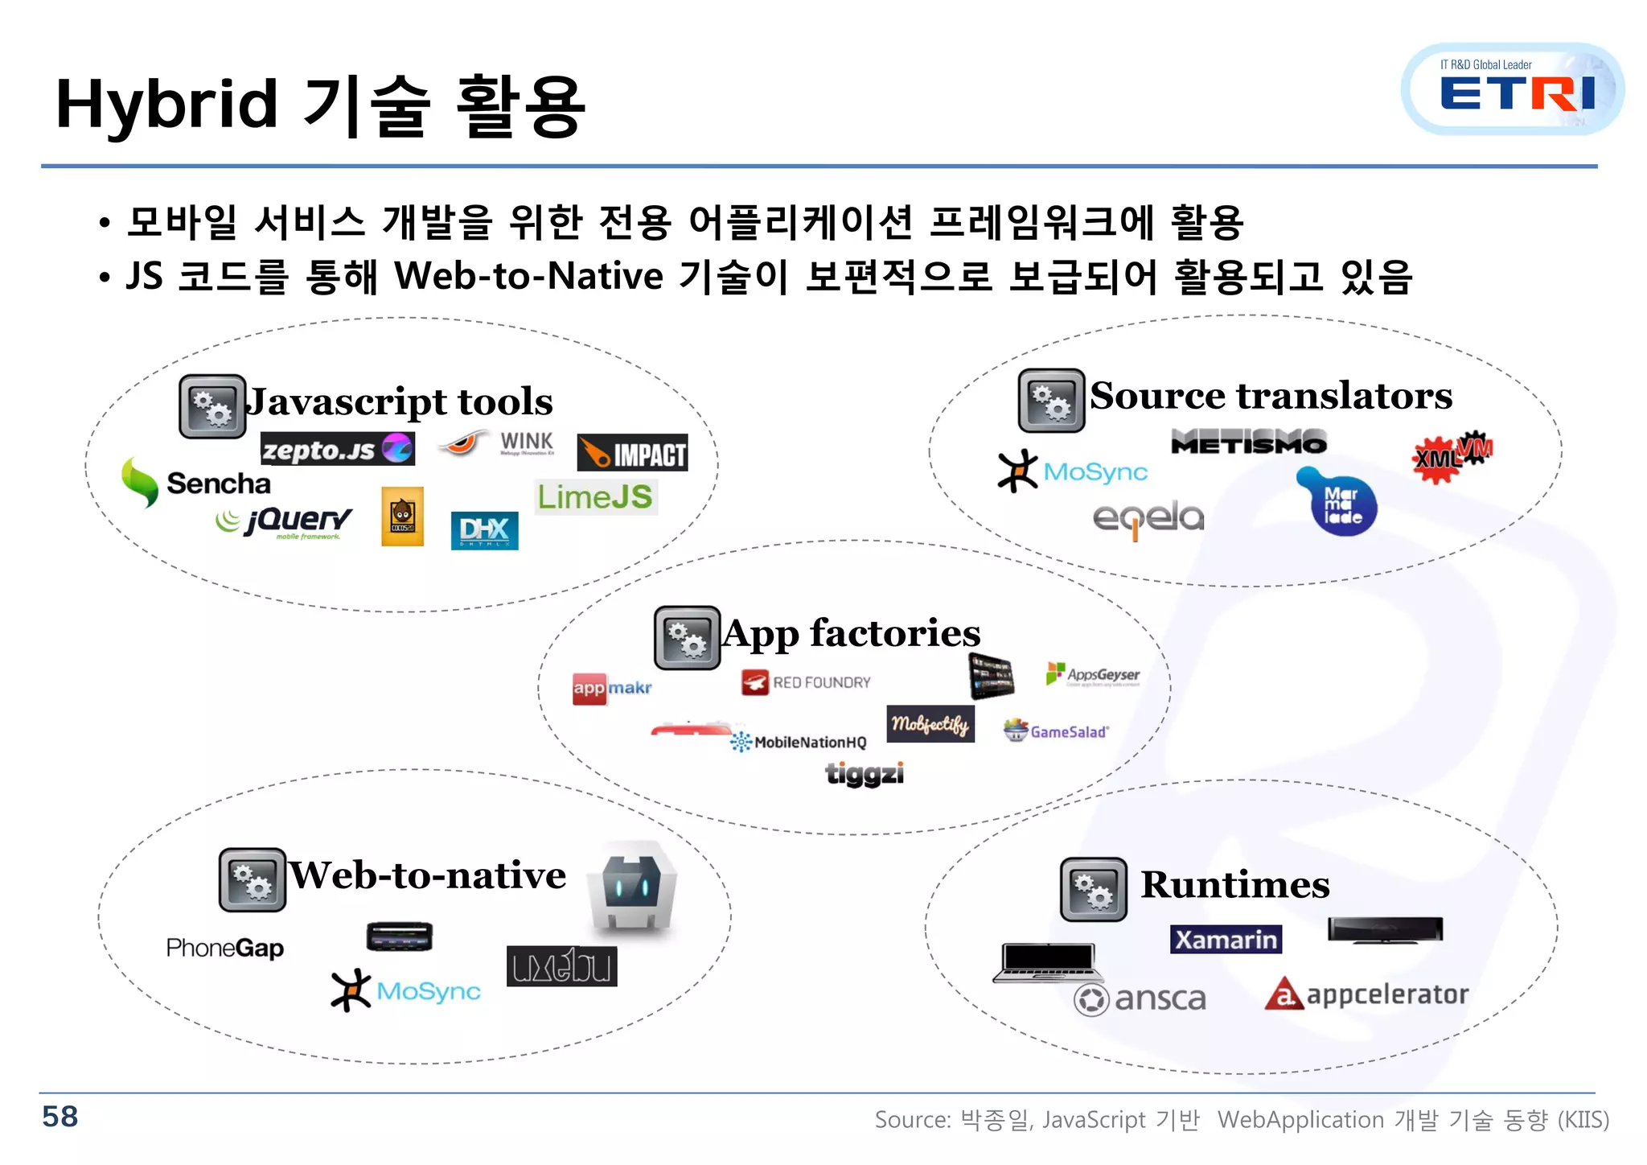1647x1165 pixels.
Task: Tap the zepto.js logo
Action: point(337,449)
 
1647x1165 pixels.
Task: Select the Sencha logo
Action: point(196,483)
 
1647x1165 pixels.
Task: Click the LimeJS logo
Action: point(595,496)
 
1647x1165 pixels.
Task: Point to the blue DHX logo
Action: point(484,530)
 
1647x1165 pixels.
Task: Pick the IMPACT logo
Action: point(632,453)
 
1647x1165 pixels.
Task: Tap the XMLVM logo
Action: point(1452,457)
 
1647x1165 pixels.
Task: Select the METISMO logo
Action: point(1248,442)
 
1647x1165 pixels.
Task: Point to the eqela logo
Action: point(1148,518)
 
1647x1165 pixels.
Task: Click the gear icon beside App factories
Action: point(687,638)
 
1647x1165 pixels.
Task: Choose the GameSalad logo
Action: point(1056,731)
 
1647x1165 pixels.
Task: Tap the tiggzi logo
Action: point(865,773)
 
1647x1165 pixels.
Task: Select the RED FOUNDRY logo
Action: point(806,682)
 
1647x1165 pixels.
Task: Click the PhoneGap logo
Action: point(224,948)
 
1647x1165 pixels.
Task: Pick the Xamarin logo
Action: point(1226,939)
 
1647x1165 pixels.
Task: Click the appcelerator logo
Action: point(1366,994)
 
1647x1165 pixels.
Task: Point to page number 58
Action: point(60,1117)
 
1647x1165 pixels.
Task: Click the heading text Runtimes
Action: point(1234,885)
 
